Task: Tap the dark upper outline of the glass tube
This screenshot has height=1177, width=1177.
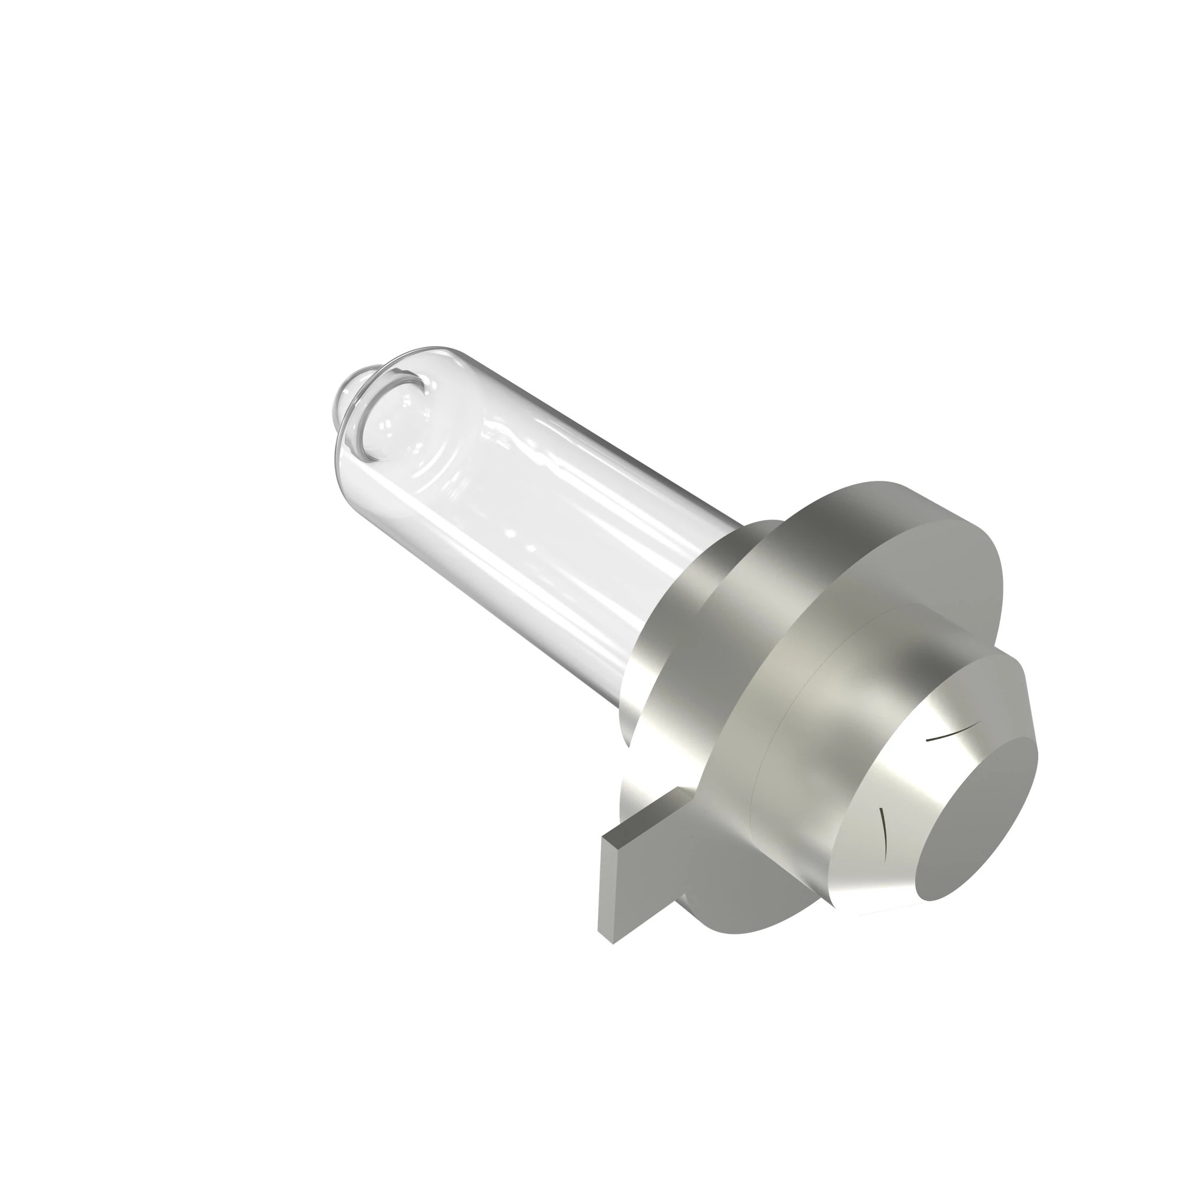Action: pyautogui.click(x=578, y=427)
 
